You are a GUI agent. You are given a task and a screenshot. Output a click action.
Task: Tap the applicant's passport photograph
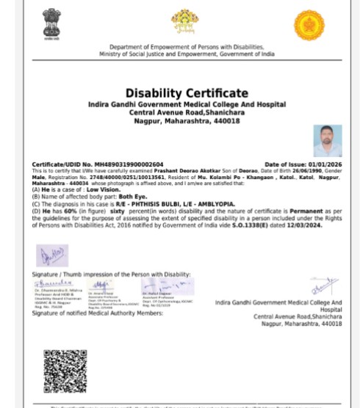coord(327,141)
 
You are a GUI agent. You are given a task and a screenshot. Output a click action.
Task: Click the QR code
coord(65,372)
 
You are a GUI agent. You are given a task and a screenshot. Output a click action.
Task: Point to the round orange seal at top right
coord(309,25)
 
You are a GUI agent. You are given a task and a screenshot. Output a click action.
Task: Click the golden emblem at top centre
coord(184,23)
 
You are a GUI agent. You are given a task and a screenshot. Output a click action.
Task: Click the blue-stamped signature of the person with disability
coord(51,256)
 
